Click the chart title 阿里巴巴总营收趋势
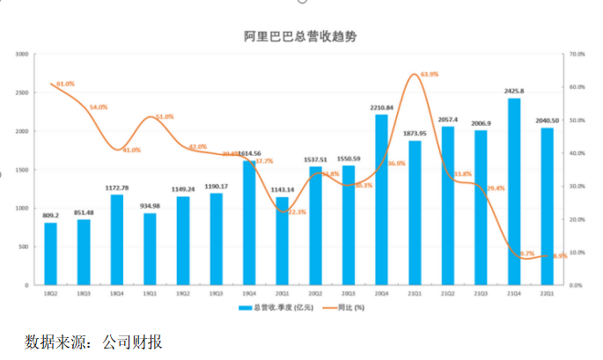[x=300, y=37]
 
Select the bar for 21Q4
[x=514, y=192]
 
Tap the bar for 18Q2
[x=51, y=254]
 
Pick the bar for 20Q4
[x=382, y=200]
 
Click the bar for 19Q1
[x=150, y=249]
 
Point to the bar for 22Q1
[x=548, y=207]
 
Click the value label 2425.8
[x=515, y=91]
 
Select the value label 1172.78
[x=116, y=187]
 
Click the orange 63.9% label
[x=430, y=75]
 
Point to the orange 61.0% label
[x=65, y=84]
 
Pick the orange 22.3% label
[x=298, y=212]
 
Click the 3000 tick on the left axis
[x=22, y=55]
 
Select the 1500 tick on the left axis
[x=22, y=170]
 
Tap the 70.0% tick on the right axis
[x=577, y=55]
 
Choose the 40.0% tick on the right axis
[x=577, y=153]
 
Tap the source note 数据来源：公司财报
[x=94, y=342]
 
